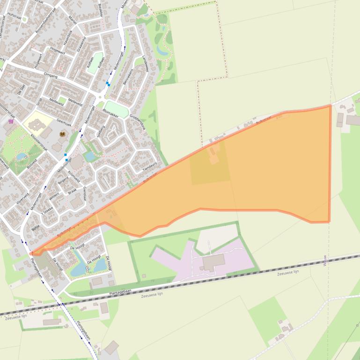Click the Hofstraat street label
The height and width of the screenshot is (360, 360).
(x=15, y=15)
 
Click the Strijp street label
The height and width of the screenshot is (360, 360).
(x=39, y=101)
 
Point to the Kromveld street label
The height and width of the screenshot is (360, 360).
(x=74, y=177)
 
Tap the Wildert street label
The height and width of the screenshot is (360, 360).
(x=54, y=196)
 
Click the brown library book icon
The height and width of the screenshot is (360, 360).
(x=62, y=134)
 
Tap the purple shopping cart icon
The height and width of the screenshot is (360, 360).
(x=11, y=121)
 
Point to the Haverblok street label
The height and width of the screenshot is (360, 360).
(x=68, y=38)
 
